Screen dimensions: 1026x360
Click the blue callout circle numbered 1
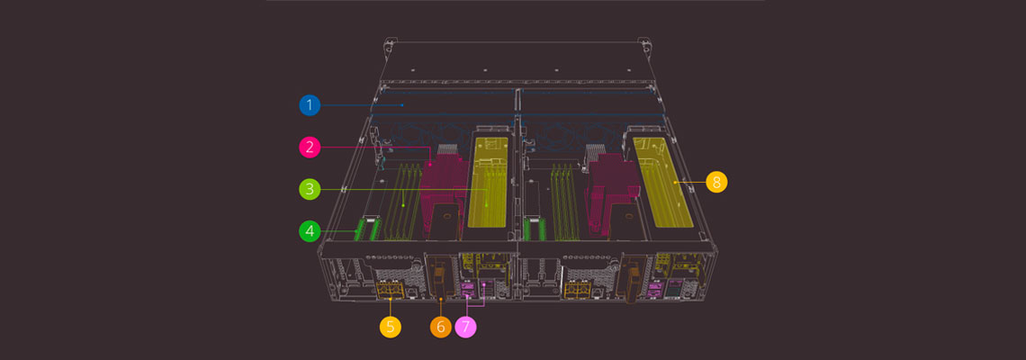tap(310, 104)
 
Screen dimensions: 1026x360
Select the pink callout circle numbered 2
tap(310, 148)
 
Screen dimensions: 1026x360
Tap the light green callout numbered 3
tap(310, 190)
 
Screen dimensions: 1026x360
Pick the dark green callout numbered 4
tap(310, 231)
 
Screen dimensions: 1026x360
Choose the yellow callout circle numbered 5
tap(390, 327)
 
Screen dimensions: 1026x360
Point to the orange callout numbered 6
tap(440, 327)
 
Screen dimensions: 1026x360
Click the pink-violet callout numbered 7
tap(466, 327)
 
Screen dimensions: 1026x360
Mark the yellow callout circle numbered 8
tap(716, 182)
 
